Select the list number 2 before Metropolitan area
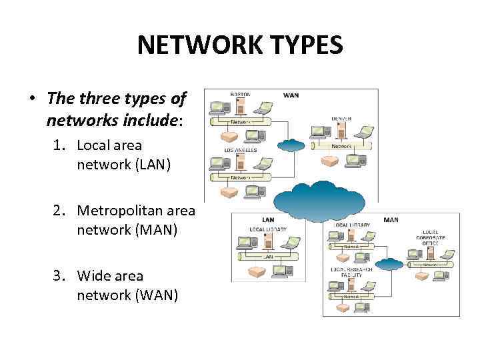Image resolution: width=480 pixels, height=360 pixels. [x=61, y=211]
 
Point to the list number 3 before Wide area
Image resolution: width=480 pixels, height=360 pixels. [x=61, y=275]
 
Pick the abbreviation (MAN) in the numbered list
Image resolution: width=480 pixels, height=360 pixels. [x=155, y=229]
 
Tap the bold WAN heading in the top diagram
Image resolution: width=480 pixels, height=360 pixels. [x=291, y=95]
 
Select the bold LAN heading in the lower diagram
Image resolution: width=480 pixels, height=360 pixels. [x=268, y=219]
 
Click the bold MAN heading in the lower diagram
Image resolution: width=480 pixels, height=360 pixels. [x=391, y=219]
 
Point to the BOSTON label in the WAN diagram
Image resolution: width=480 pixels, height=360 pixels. [x=241, y=95]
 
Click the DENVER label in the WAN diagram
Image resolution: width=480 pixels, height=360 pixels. [x=341, y=119]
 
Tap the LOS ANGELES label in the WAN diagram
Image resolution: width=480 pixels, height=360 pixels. [x=242, y=150]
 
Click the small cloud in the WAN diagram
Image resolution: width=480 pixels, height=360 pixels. [x=291, y=145]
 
